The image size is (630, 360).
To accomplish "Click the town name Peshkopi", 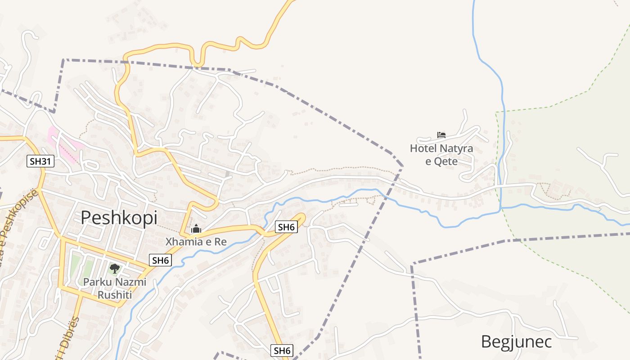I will tap(119, 218).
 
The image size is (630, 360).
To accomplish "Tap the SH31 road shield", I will tap(40, 161).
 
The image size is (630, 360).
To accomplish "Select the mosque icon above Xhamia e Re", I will tap(196, 229).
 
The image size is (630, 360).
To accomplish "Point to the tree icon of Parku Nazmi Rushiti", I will tap(115, 269).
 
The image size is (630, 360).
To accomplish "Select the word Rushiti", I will tap(115, 295).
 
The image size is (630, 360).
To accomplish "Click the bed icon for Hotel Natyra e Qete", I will tap(441, 135).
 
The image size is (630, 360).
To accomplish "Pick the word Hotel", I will tap(423, 148).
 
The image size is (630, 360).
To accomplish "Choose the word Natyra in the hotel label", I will tap(456, 148).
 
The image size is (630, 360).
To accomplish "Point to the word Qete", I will tap(447, 161).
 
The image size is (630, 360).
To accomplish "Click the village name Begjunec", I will tap(516, 342).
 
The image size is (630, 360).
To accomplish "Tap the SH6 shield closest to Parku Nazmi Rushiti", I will tap(161, 260).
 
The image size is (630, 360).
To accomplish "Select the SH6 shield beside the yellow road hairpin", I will tap(286, 227).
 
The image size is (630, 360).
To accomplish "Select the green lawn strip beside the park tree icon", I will tap(75, 265).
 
